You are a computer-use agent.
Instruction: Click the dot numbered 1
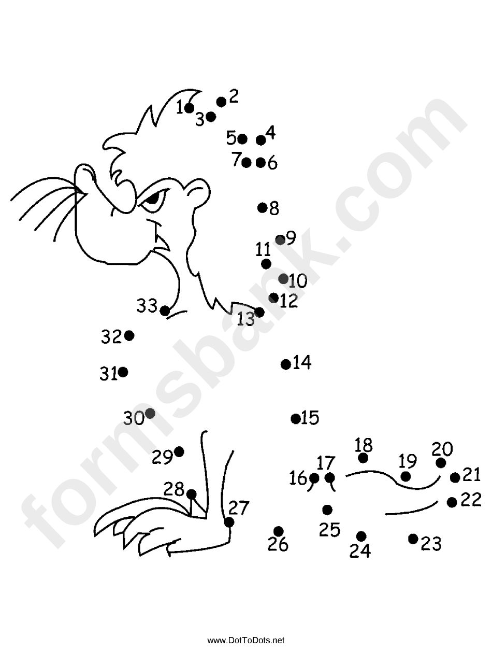pyautogui.click(x=189, y=108)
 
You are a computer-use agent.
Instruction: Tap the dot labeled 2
pyautogui.click(x=221, y=102)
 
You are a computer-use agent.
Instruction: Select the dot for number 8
pyautogui.click(x=263, y=208)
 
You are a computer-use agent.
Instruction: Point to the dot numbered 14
pyautogui.click(x=285, y=364)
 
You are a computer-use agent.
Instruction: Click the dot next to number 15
pyautogui.click(x=296, y=419)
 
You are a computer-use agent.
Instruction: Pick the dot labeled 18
pyautogui.click(x=363, y=458)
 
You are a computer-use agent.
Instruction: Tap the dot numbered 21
pyautogui.click(x=455, y=477)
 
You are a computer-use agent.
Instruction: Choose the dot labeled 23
pyautogui.click(x=413, y=539)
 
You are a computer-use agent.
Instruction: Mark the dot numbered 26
pyautogui.click(x=279, y=531)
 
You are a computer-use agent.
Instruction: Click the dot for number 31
pyautogui.click(x=123, y=372)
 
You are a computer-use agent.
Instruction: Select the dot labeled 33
pyautogui.click(x=165, y=310)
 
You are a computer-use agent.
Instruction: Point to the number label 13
pyautogui.click(x=246, y=319)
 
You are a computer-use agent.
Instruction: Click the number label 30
pyautogui.click(x=134, y=418)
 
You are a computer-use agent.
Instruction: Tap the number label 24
pyautogui.click(x=360, y=552)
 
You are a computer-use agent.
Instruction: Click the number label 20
pyautogui.click(x=442, y=448)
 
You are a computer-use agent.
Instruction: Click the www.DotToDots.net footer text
pyautogui.click(x=246, y=640)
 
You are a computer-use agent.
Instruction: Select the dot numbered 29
pyautogui.click(x=179, y=451)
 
